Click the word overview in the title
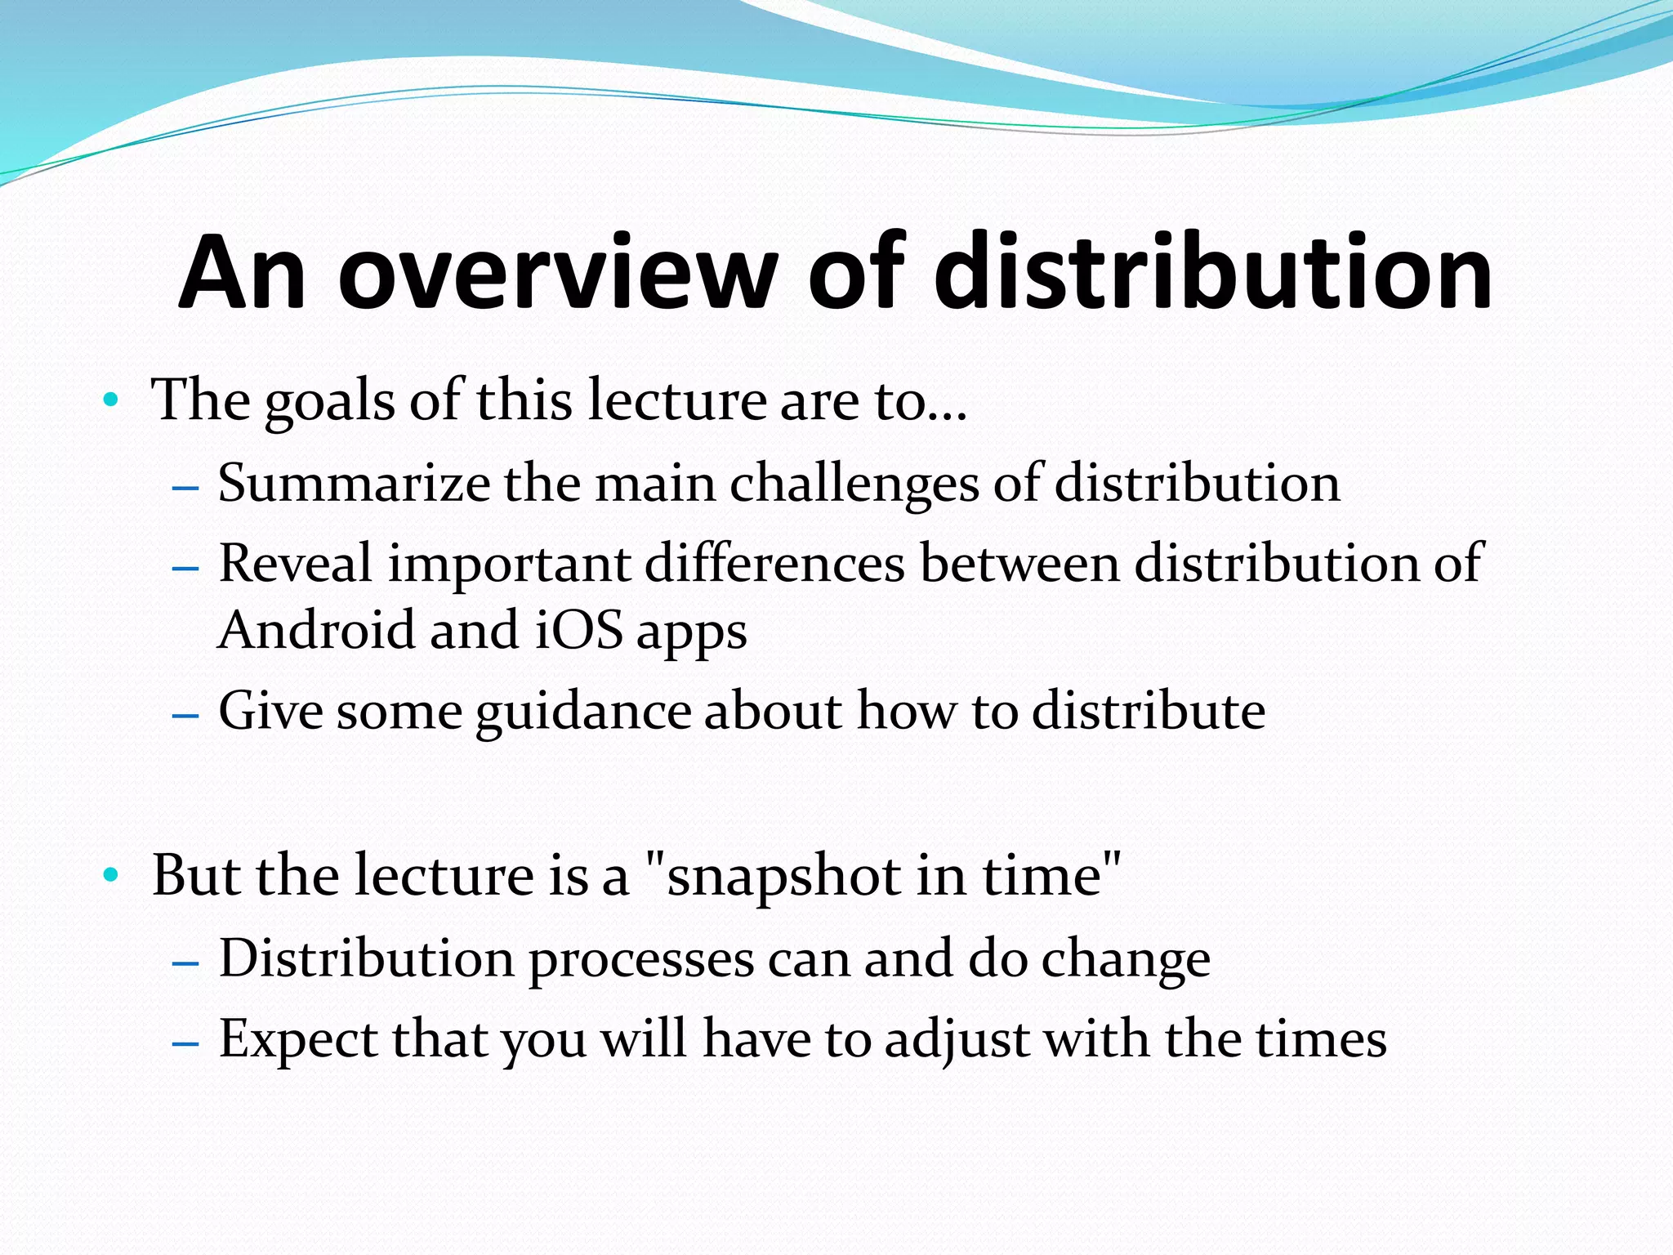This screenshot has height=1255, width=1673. [x=555, y=274]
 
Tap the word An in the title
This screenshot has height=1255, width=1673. [x=243, y=274]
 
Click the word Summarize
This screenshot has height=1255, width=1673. [x=353, y=483]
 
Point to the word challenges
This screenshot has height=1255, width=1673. [x=854, y=485]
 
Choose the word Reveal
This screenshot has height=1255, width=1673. [x=296, y=564]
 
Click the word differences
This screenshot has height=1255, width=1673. [x=774, y=564]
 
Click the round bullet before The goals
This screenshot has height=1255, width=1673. [x=111, y=401]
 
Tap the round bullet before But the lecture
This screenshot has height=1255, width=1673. [x=111, y=876]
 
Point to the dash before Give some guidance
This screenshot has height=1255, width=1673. [x=186, y=714]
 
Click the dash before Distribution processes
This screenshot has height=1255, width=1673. [x=186, y=962]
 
